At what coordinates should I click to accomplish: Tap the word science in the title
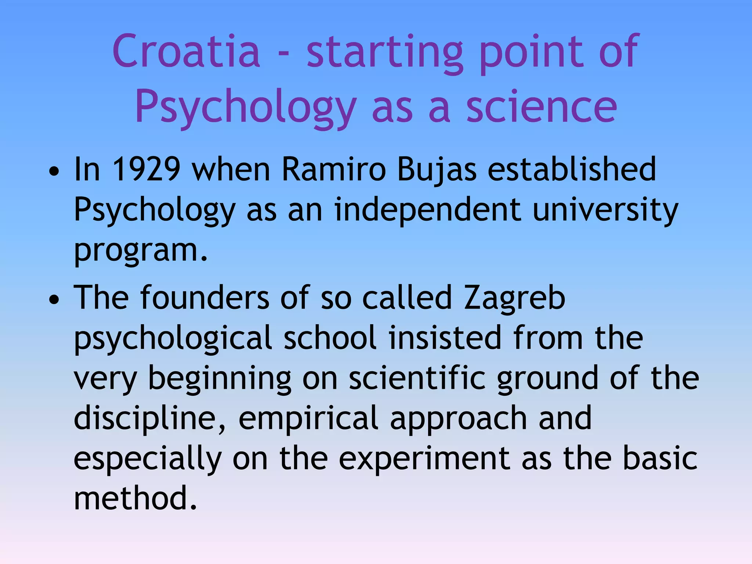(x=542, y=107)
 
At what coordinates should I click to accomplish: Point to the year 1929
(x=146, y=169)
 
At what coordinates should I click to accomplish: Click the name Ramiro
(x=333, y=169)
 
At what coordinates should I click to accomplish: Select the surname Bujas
(x=437, y=170)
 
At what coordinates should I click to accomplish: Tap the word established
(x=572, y=169)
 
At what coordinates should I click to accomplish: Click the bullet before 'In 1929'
(x=54, y=171)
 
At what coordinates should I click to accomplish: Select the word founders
(x=205, y=297)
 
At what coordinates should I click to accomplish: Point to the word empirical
(x=308, y=419)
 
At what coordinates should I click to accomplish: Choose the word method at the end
(x=135, y=498)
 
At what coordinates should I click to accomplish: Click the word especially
(x=148, y=459)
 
